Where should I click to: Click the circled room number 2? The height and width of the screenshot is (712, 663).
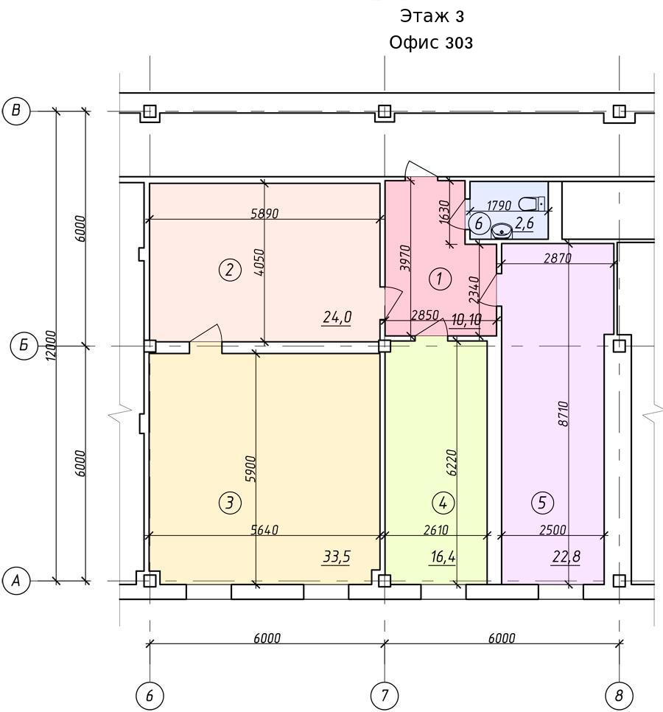(230, 270)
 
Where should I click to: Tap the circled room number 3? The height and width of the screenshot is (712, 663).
(230, 503)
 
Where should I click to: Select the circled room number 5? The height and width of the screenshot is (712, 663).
(542, 503)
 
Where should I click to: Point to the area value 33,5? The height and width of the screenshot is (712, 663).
(337, 556)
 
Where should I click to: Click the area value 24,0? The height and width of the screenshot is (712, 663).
(337, 317)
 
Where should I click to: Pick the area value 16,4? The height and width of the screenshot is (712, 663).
(443, 556)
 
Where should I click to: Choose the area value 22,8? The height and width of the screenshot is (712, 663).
(566, 556)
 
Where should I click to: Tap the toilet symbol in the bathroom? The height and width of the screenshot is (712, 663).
(531, 204)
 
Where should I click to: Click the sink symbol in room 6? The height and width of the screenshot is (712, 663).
(502, 231)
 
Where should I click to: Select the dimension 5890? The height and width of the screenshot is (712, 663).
(264, 213)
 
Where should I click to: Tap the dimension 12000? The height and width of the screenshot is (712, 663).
(51, 346)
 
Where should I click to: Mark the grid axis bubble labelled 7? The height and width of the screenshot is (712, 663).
(385, 695)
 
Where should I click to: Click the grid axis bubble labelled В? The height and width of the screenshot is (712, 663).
(16, 111)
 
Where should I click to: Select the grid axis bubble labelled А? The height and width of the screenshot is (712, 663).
(16, 580)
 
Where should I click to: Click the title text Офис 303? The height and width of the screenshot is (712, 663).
(431, 43)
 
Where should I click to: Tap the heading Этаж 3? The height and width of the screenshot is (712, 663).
(432, 16)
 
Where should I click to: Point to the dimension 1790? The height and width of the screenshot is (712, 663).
(499, 206)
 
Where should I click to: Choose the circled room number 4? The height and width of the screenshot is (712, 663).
(443, 503)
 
